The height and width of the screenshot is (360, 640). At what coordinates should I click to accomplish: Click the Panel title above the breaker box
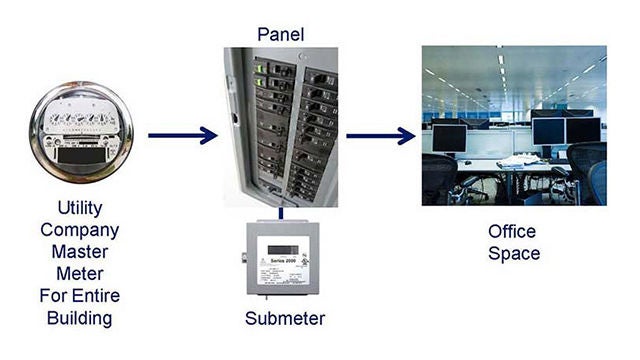pos(280,35)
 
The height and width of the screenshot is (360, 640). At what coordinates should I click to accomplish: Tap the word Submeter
pos(285,319)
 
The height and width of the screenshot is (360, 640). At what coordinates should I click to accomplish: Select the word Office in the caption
pos(513,231)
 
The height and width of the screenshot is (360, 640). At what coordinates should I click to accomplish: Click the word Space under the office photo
pos(514,253)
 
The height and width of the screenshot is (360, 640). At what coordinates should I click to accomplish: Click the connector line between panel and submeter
pos(281,212)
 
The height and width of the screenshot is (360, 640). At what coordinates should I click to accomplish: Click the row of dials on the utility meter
pos(79,118)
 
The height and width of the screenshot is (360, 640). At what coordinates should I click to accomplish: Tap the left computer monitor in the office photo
pos(449,138)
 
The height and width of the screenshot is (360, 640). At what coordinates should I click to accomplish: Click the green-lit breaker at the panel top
pos(260,70)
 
